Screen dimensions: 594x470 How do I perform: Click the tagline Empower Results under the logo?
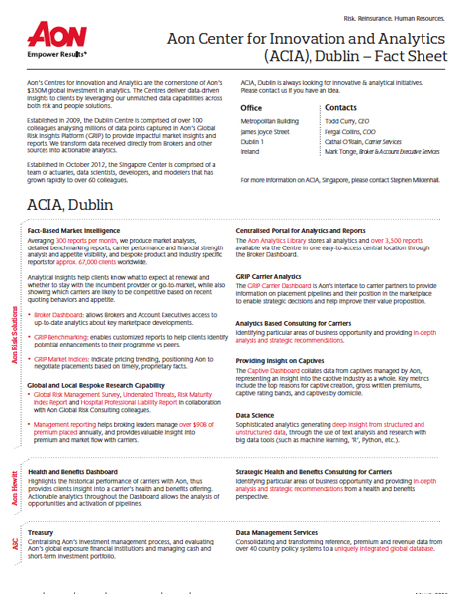click(x=56, y=58)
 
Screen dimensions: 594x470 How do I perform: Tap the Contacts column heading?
click(x=341, y=107)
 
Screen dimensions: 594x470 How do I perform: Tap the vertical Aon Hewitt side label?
click(x=14, y=487)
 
